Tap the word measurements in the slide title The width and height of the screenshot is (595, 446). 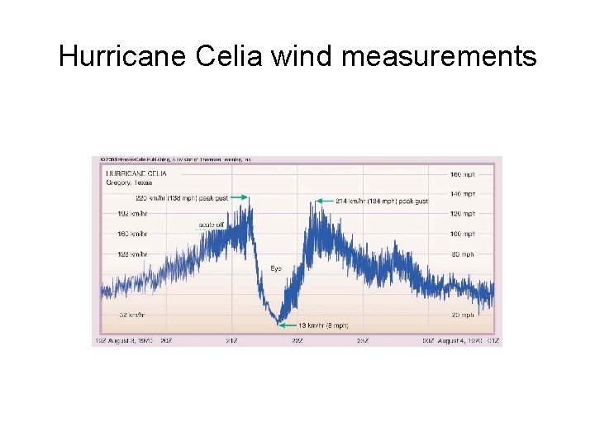tap(438, 56)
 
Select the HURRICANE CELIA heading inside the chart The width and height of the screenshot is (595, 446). tap(136, 173)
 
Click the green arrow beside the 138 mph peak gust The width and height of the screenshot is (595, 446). tap(240, 197)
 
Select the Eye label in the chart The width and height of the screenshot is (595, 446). tap(276, 269)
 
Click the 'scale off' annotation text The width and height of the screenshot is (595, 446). tap(211, 225)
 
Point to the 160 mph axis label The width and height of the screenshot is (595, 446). tap(462, 174)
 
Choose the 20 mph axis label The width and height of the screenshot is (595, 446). tap(463, 315)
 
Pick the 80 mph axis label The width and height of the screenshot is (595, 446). tap(463, 254)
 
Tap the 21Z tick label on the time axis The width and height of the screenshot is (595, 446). tap(233, 340)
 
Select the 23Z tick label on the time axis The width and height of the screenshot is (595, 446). tap(362, 340)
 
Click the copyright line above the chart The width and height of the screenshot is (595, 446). tap(175, 159)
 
